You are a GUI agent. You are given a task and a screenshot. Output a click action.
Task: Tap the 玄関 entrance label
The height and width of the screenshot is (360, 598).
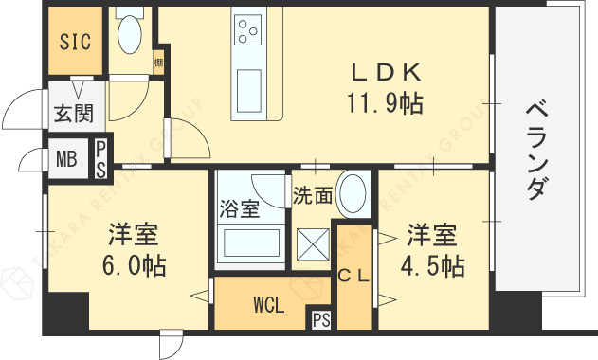(72, 114)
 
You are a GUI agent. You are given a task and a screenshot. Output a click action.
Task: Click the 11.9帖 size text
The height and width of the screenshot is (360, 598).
(385, 102)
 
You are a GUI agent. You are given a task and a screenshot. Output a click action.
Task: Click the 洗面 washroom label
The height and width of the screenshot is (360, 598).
(312, 196)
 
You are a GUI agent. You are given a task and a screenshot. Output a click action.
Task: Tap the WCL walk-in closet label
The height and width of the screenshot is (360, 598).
(267, 305)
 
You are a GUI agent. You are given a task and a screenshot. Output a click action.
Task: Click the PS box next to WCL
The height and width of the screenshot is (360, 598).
(320, 320)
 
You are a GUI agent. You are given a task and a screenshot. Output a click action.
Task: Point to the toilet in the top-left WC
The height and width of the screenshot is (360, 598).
(128, 34)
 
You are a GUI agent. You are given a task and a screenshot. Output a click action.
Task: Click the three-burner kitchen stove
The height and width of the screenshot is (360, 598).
(248, 30)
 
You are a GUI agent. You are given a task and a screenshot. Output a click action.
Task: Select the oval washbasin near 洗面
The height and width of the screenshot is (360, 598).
(353, 193)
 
